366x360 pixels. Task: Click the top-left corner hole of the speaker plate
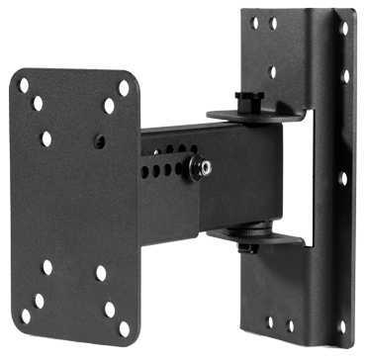click(24, 85)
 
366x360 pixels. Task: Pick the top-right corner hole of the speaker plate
click(124, 87)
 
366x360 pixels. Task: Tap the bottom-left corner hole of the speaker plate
click(26, 315)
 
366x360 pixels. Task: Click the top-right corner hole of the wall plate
click(344, 29)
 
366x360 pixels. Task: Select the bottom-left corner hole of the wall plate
click(259, 322)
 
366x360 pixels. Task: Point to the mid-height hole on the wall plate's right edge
click(343, 178)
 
